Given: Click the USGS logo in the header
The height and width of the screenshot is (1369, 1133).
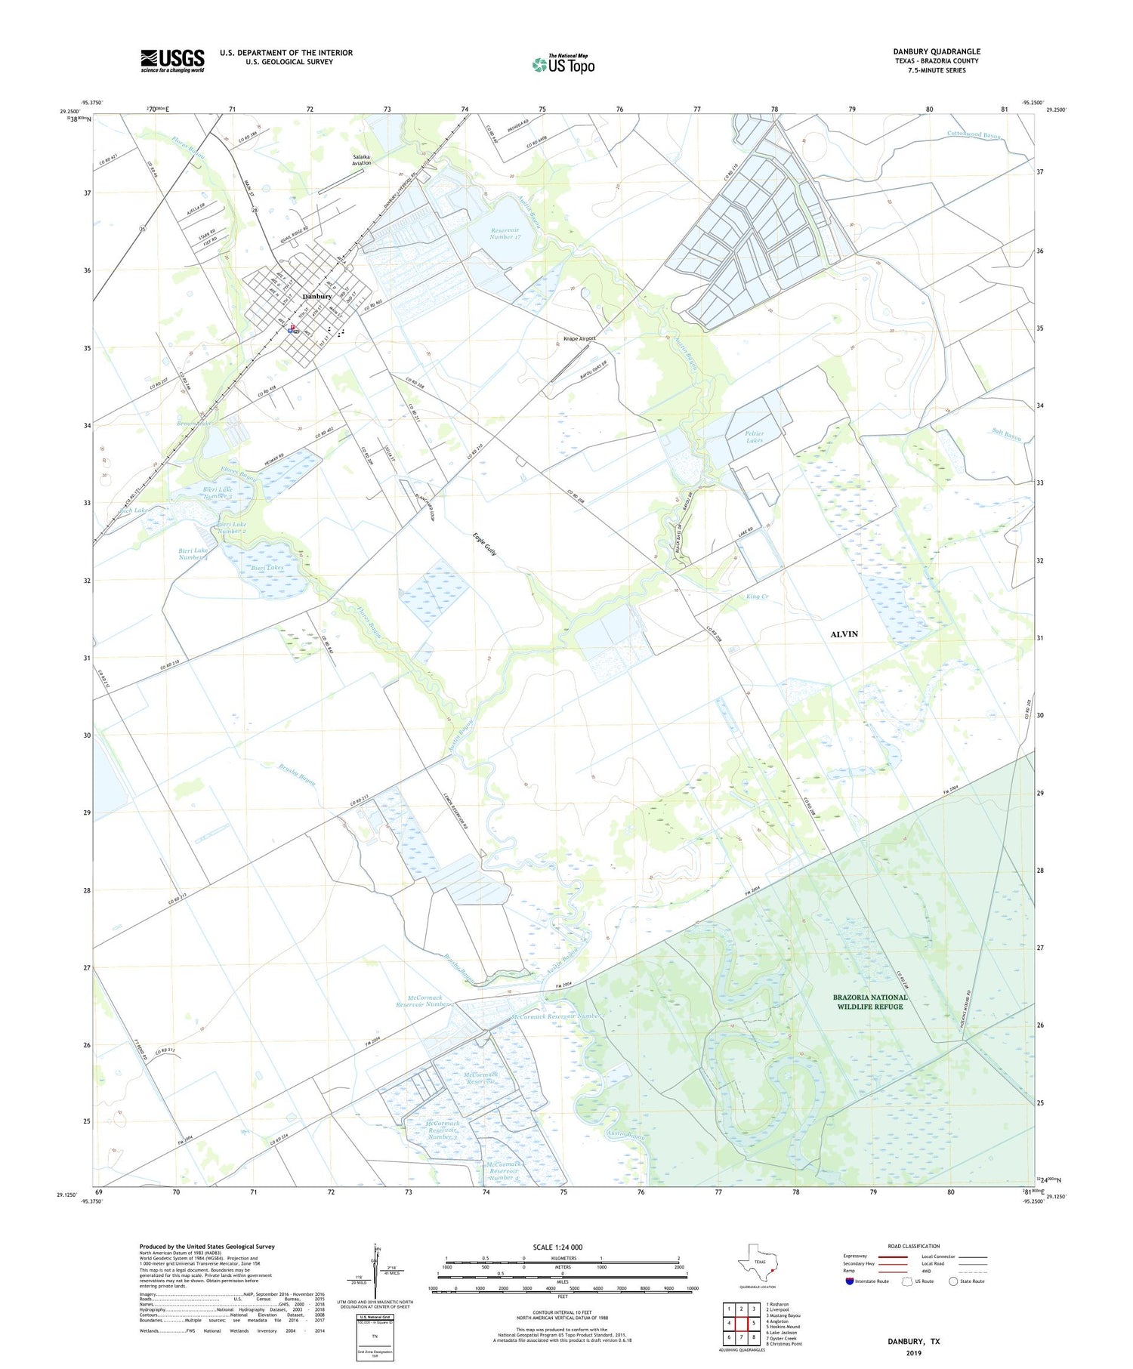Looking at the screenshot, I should (172, 60).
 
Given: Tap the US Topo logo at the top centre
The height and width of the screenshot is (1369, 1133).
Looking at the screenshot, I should (563, 64).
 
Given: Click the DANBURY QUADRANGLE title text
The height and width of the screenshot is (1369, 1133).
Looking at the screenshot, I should (937, 51).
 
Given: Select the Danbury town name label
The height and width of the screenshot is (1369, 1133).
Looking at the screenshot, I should (317, 297).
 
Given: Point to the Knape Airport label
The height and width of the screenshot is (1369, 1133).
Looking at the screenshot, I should (579, 338).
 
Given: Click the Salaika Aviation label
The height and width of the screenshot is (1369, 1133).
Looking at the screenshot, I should (362, 160).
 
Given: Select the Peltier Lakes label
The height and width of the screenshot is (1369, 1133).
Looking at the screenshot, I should (754, 436).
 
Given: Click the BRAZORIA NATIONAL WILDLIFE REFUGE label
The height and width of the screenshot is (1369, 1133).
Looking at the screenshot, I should (870, 1001).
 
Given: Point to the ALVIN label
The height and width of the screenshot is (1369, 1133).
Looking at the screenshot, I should (844, 634).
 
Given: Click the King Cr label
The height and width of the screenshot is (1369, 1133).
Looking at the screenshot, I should (757, 597).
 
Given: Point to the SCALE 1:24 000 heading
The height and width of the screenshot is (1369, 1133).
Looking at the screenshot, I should (562, 1247).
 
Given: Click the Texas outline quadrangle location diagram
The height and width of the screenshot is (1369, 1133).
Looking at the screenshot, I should (758, 1263).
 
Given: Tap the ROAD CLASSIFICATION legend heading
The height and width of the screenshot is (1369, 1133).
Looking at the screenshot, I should (914, 1246).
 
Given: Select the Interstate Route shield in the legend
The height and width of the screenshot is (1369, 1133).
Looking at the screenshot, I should (850, 1281).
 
